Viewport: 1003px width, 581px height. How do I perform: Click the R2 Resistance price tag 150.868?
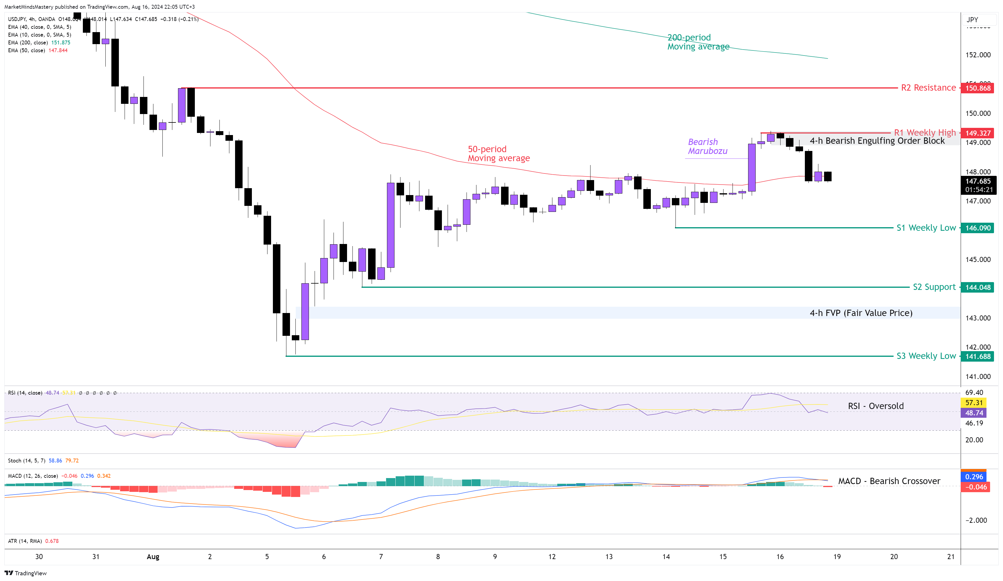[x=977, y=88]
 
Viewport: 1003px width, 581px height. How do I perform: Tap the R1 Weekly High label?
[x=925, y=133]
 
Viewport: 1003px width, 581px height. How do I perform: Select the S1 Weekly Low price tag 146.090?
[x=977, y=228]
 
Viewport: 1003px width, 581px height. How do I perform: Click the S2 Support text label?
[x=934, y=287]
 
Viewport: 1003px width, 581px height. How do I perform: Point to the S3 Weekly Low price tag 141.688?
[x=977, y=356]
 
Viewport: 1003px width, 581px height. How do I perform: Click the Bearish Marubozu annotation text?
[x=707, y=146]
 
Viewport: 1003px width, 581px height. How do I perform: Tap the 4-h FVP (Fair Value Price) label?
[x=861, y=313]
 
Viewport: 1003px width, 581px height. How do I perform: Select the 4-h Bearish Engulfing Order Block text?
[x=877, y=140]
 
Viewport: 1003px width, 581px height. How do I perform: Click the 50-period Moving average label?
[x=498, y=154]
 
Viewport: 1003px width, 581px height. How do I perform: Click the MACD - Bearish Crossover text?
[x=889, y=481]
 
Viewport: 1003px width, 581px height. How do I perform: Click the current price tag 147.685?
[x=977, y=182]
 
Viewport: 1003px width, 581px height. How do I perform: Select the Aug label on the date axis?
[x=153, y=556]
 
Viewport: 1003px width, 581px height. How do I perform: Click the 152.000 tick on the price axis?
[x=977, y=55]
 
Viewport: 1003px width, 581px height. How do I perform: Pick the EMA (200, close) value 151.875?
[x=61, y=43]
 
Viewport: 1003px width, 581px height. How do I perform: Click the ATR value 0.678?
[x=52, y=541]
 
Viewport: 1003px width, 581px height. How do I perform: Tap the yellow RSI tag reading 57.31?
[x=974, y=403]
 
